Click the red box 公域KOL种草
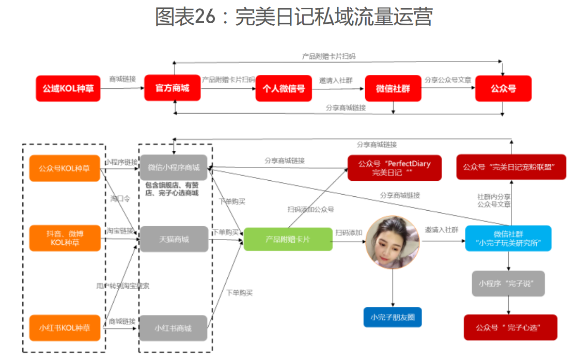point(68,88)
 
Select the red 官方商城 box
point(172,88)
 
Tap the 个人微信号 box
point(284,88)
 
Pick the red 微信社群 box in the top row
point(393,88)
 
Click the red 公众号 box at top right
point(503,88)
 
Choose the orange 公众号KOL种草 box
point(65,168)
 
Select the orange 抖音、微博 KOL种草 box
point(65,238)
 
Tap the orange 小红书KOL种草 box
point(65,327)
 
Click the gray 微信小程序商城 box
point(174,167)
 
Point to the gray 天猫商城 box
point(174,239)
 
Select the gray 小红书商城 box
point(174,327)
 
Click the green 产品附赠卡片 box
point(288,239)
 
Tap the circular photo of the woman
point(393,242)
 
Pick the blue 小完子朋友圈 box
point(393,317)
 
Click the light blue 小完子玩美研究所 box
point(509,238)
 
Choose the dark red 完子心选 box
point(510,327)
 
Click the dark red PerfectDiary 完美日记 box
point(395,168)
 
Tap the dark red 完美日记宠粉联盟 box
point(511,167)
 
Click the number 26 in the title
point(205,17)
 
